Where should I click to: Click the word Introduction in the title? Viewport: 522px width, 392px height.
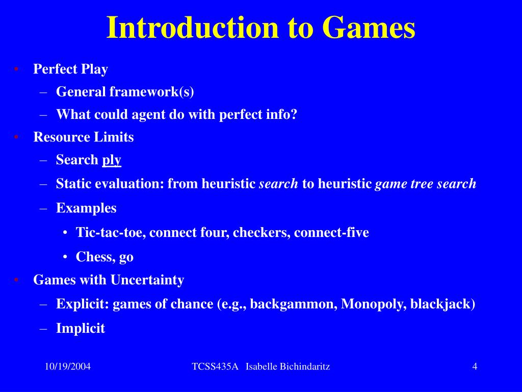pyautogui.click(x=193, y=29)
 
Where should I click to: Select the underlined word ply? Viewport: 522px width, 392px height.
pyautogui.click(x=112, y=160)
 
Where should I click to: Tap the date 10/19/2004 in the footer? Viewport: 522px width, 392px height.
pyautogui.click(x=67, y=366)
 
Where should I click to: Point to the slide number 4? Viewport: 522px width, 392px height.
pyautogui.click(x=475, y=366)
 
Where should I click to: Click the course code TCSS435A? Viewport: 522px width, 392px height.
pyautogui.click(x=215, y=366)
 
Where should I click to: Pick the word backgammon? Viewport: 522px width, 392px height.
pyautogui.click(x=293, y=304)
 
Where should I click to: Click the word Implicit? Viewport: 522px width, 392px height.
pyautogui.click(x=81, y=328)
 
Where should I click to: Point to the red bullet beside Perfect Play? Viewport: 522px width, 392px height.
pyautogui.click(x=16, y=69)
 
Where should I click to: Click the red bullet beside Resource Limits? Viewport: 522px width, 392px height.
pyautogui.click(x=16, y=137)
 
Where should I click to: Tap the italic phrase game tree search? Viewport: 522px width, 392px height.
pyautogui.click(x=426, y=184)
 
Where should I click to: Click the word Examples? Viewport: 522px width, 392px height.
pyautogui.click(x=86, y=208)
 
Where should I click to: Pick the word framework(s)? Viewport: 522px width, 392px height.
pyautogui.click(x=151, y=92)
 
